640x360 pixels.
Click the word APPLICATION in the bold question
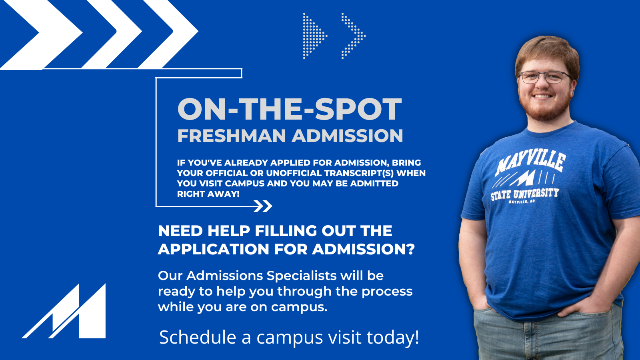click(x=214, y=249)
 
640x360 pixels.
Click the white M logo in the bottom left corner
click(x=64, y=312)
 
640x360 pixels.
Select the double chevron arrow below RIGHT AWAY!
click(x=263, y=206)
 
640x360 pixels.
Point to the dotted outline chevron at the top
click(x=354, y=36)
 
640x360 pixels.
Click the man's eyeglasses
click(x=544, y=77)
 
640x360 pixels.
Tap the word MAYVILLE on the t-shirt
click(x=530, y=162)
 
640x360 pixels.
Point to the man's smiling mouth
click(x=542, y=97)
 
